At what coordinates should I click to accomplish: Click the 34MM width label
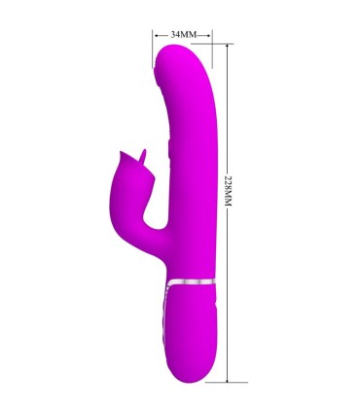(184, 34)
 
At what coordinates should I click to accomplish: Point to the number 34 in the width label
(176, 34)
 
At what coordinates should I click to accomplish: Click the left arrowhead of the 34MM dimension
(156, 34)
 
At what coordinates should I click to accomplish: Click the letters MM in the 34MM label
(191, 34)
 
